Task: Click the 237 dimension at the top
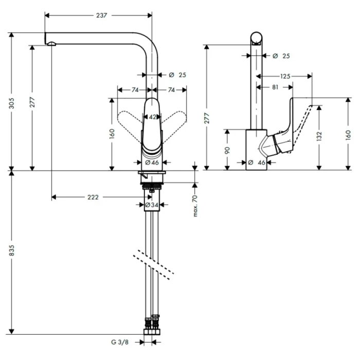[101, 15]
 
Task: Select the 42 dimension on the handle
[152, 117]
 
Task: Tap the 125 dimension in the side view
[286, 76]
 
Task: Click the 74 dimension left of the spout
[135, 89]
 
